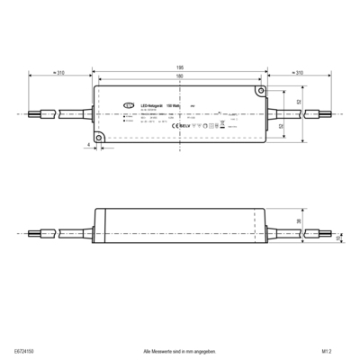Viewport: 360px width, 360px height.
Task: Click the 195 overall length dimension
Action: coord(180,67)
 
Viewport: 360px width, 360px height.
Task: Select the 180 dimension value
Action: coord(180,77)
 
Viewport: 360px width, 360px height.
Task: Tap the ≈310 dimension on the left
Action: coord(58,72)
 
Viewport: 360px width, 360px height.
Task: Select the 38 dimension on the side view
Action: coord(299,222)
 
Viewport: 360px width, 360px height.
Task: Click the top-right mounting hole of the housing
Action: coord(260,90)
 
